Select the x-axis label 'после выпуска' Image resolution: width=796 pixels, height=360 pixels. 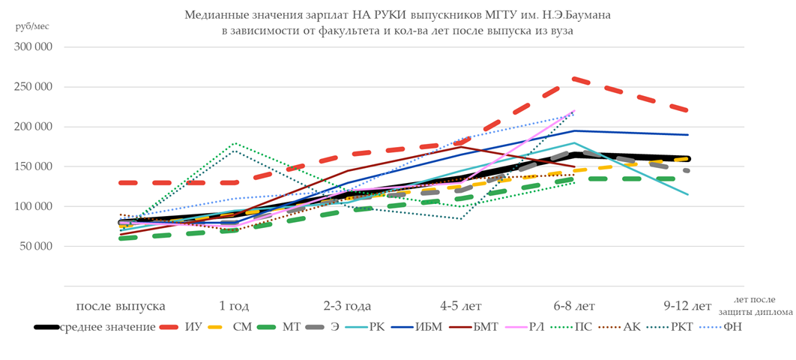click(x=120, y=306)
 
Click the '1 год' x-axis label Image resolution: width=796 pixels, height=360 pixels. click(x=234, y=306)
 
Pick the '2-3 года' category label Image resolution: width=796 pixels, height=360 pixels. click(x=347, y=306)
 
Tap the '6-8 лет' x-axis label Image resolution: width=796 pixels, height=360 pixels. click(x=574, y=306)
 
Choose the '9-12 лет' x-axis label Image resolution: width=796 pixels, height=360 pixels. click(x=687, y=306)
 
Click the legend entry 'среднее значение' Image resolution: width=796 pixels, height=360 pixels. click(x=108, y=327)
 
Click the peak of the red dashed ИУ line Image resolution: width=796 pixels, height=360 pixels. click(x=574, y=79)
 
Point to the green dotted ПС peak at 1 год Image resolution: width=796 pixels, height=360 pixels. click(x=235, y=142)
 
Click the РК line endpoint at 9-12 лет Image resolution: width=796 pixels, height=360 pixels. click(x=688, y=194)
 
